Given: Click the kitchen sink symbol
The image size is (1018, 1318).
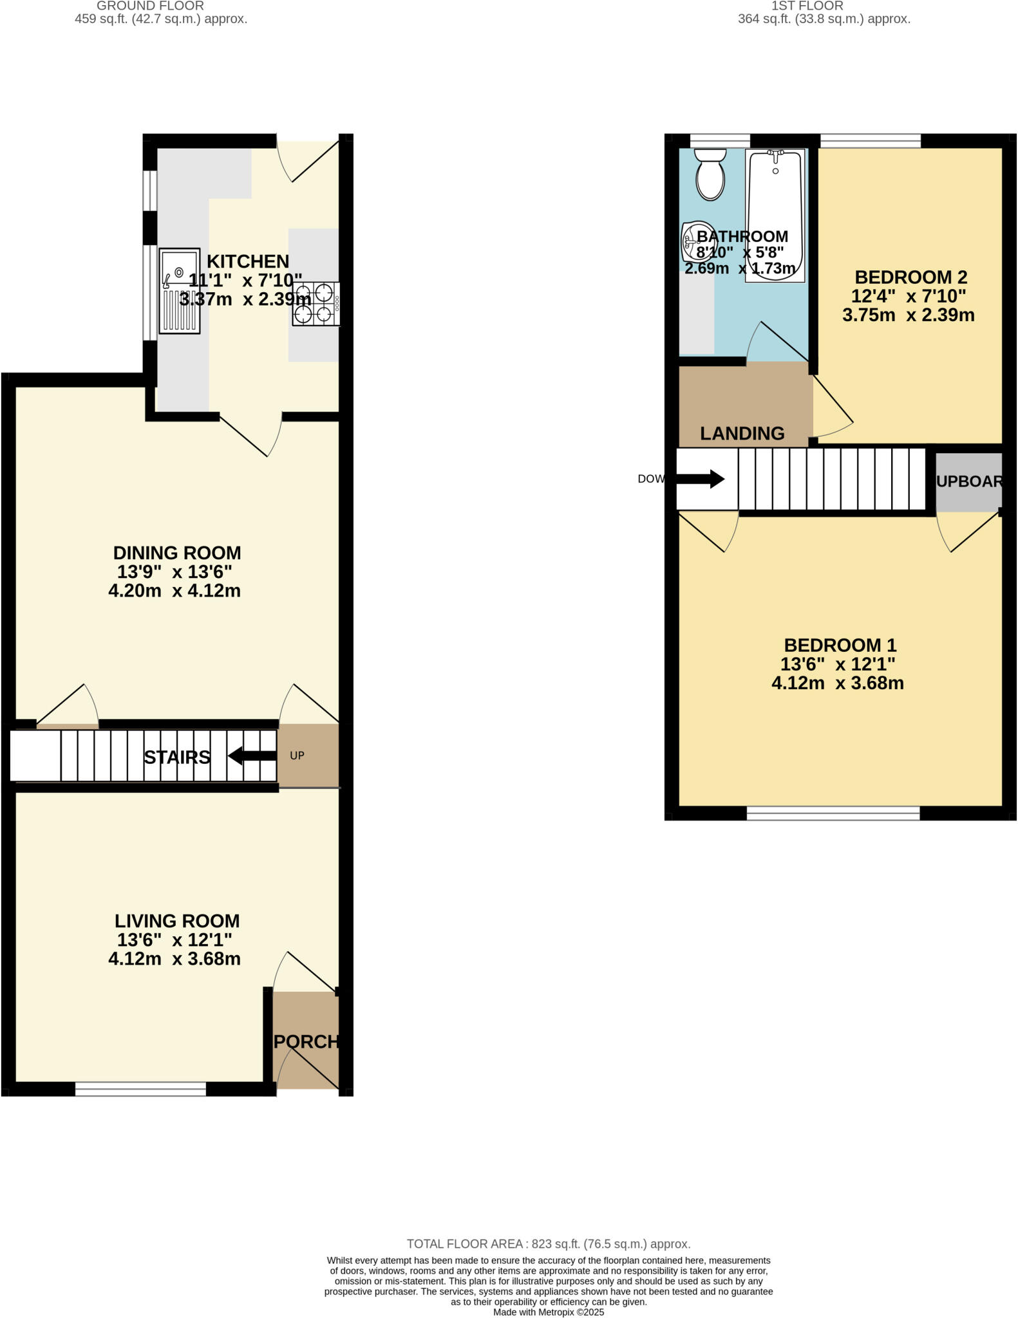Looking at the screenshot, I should point(179,291).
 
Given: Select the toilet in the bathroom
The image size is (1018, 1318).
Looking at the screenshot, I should point(710,174).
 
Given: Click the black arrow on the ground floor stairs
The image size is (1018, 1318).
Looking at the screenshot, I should point(252,756).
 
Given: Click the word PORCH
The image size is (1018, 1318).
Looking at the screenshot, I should point(306,1041).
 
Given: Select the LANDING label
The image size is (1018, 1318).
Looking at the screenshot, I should point(742,434).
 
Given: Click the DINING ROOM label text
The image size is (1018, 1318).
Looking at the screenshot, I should point(177,553).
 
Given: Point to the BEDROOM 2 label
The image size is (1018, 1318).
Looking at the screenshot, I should point(910,277).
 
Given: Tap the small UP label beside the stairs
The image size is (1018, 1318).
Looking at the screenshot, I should point(297,756).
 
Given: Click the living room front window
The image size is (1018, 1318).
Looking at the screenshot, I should point(140,1088).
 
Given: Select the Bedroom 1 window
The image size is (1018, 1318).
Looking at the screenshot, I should point(833,813).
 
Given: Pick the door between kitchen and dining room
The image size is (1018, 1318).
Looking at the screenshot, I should point(251,434).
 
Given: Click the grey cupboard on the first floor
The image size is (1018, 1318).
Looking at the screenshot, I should point(968,481).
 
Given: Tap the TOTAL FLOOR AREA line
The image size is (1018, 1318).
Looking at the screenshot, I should point(548,1244).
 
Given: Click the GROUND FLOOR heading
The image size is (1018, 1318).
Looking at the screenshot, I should point(150,6).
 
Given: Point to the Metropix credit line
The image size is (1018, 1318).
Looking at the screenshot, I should point(548,1312).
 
